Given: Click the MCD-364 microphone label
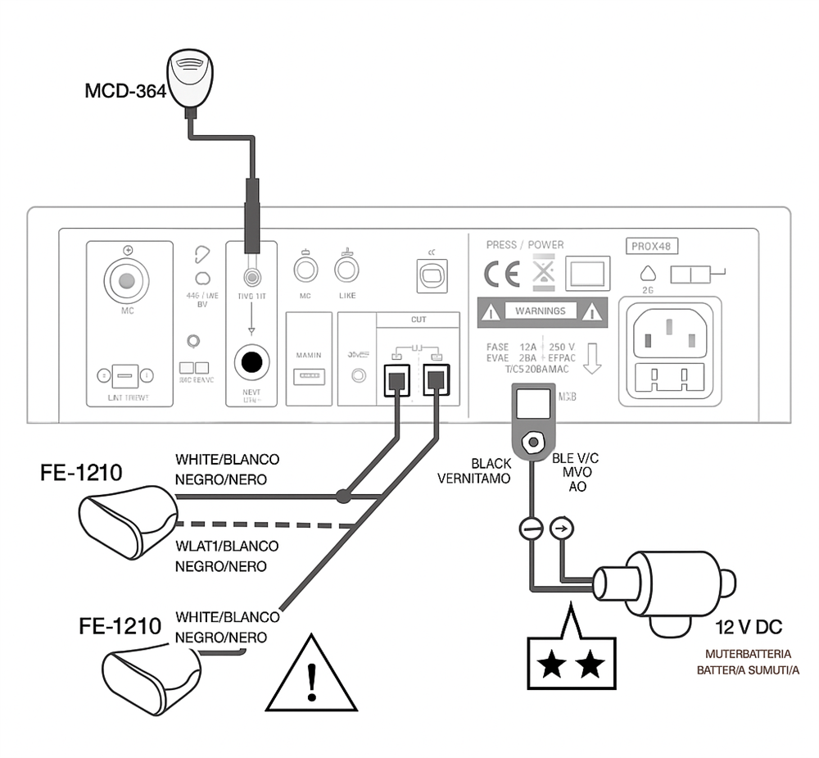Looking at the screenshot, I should click(125, 90).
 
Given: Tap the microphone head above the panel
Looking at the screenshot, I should click(190, 76).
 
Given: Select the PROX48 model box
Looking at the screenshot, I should click(654, 245).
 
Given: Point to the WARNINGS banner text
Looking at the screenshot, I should click(540, 311).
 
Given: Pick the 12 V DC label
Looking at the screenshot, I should click(749, 628).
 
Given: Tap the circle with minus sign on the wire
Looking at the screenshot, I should click(532, 529).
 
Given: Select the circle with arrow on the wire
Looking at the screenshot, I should click(561, 529).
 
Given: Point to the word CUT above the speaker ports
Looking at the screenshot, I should click(419, 319).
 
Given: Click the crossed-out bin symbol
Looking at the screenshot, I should click(543, 274).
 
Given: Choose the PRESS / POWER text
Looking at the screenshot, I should click(525, 245).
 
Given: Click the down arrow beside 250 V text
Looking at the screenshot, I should click(592, 357).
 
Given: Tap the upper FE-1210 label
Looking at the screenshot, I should click(82, 473).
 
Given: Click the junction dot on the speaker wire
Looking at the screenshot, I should click(343, 496).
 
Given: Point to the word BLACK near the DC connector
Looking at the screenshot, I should click(491, 464).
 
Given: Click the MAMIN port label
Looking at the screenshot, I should click(308, 355).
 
